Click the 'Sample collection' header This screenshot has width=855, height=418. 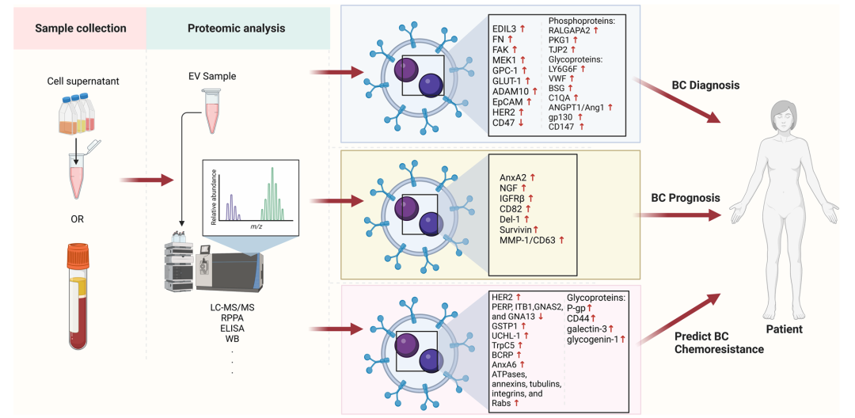click(80, 28)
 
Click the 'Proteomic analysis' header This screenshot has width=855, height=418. click(237, 28)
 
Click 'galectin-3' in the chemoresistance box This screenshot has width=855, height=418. click(587, 328)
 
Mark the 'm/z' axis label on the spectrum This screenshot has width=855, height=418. click(256, 226)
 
